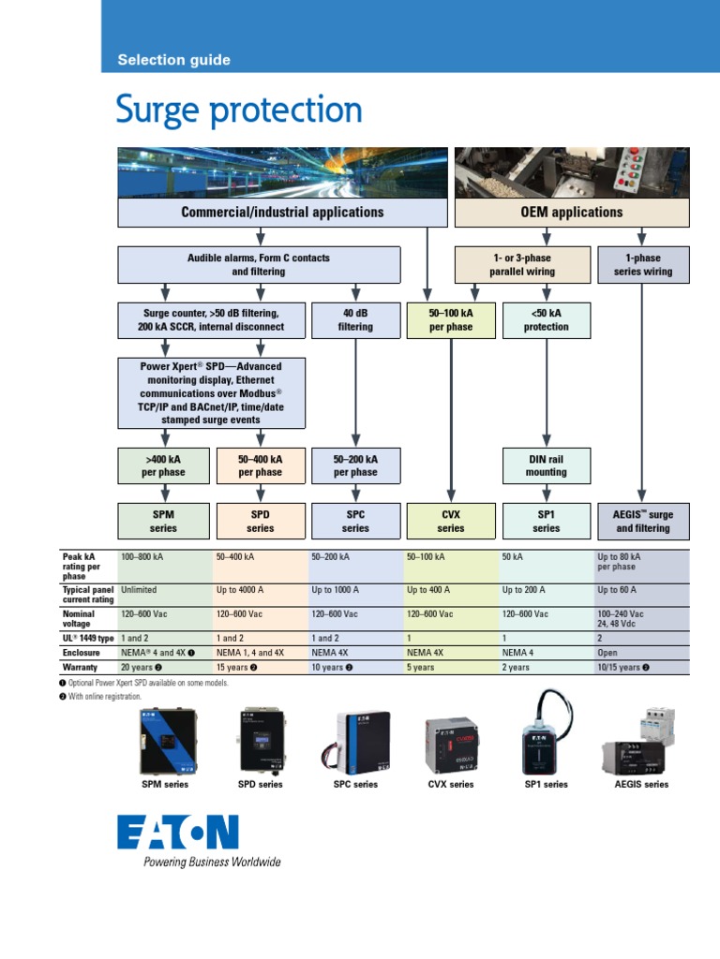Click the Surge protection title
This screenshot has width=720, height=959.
(x=239, y=111)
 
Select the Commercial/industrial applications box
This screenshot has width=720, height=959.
(x=281, y=212)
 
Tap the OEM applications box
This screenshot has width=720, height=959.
(x=571, y=212)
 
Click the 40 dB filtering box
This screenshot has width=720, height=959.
(x=355, y=320)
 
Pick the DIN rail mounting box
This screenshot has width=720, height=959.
(x=546, y=465)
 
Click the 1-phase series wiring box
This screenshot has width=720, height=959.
(x=642, y=265)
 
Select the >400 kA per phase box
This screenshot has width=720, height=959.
(x=165, y=465)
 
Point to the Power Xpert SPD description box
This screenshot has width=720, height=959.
(x=212, y=393)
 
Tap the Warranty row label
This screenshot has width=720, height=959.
(x=81, y=668)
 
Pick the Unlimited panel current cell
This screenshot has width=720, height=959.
(x=139, y=590)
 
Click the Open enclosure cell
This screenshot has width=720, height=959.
(x=607, y=653)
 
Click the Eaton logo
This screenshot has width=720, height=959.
(x=178, y=833)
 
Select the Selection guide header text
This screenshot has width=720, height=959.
(x=173, y=60)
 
